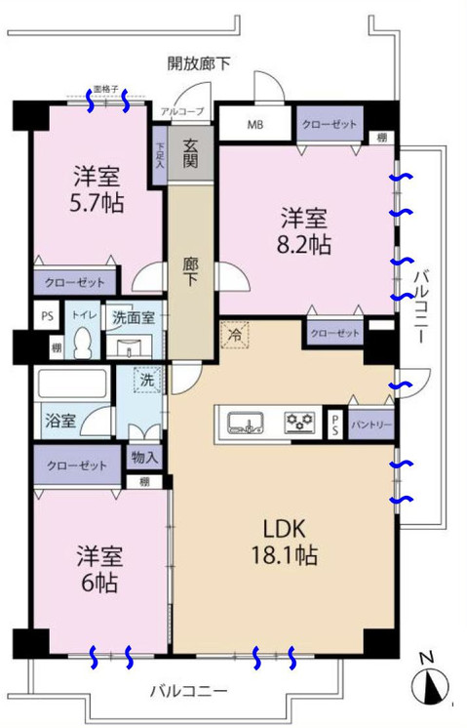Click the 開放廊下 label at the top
pyautogui.click(x=199, y=64)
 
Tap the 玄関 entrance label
pyautogui.click(x=189, y=154)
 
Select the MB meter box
pyautogui.click(x=254, y=124)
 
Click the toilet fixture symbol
pyautogui.click(x=84, y=344)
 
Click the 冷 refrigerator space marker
pyautogui.click(x=235, y=333)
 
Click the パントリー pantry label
pyautogui.click(x=371, y=424)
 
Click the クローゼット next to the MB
pyautogui.click(x=329, y=124)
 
